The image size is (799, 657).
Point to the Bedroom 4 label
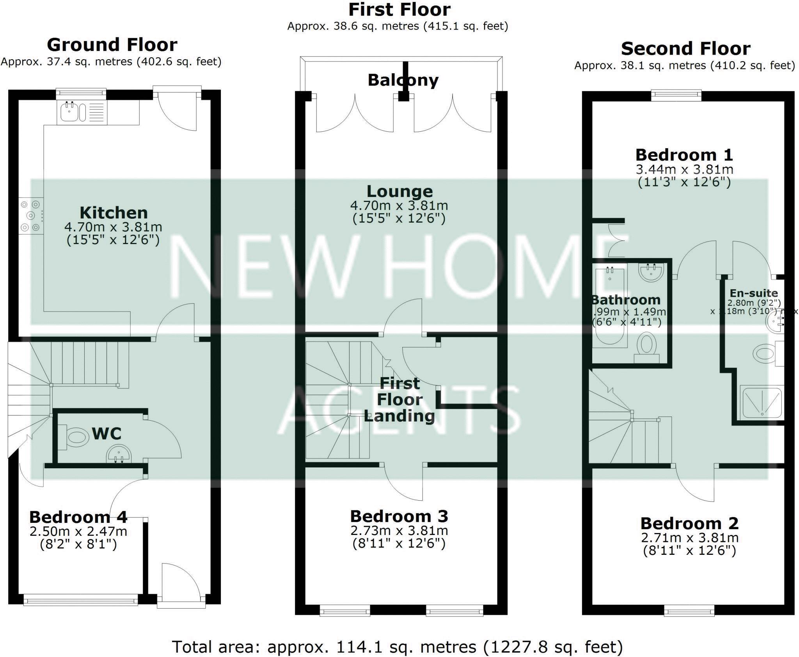[78, 517]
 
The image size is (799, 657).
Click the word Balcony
[403, 80]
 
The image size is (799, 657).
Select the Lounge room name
[399, 191]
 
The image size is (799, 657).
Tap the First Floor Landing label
[399, 400]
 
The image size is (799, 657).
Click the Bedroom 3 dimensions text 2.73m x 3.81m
[399, 531]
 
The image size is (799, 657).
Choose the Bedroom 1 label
[684, 155]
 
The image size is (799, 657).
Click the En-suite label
[754, 293]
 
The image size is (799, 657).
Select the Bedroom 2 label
[689, 523]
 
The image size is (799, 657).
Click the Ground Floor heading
[112, 45]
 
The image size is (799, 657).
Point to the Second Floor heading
[685, 49]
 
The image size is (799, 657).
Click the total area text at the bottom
[397, 647]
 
